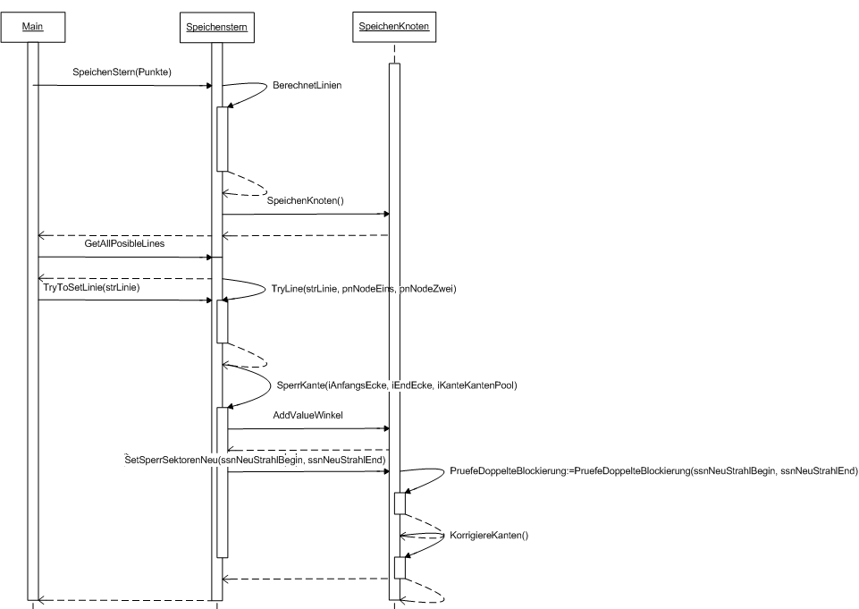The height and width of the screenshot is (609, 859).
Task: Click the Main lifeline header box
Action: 33,28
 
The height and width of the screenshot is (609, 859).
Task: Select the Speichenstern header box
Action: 216,28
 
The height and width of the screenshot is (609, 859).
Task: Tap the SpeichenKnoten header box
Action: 393,28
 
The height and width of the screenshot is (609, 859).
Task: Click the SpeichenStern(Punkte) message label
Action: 122,72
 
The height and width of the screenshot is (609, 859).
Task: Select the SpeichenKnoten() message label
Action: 306,202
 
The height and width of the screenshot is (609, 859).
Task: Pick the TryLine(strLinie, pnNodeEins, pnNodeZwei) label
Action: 364,288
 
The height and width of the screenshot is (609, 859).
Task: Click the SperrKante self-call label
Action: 397,385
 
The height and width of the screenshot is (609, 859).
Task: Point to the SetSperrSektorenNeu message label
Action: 256,460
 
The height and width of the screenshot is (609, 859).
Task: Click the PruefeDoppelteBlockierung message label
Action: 653,470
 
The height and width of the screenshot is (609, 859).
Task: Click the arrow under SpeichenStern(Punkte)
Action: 122,86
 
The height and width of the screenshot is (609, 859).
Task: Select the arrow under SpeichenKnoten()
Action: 306,215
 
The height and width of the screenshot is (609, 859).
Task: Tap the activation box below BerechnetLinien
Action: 223,139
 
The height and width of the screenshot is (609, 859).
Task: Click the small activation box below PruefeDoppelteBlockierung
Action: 400,503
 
